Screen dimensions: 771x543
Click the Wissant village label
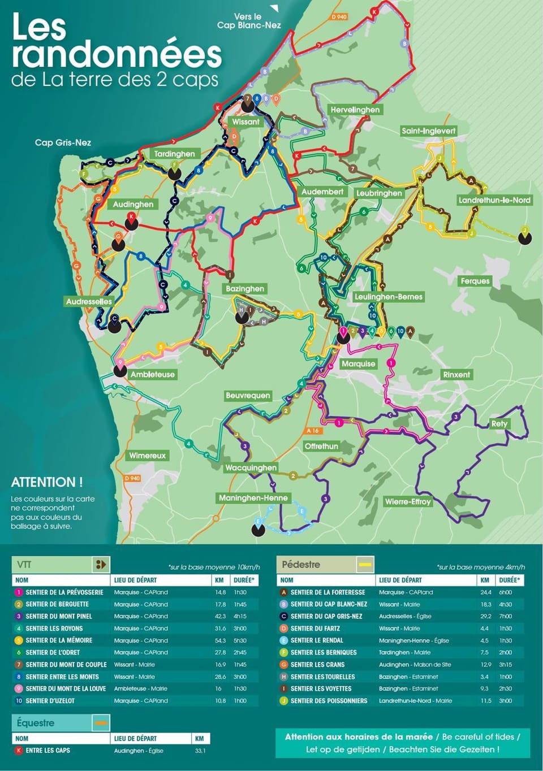pyautogui.click(x=245, y=122)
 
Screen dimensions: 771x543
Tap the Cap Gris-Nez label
pyautogui.click(x=63, y=142)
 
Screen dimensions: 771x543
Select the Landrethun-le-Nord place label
pyautogui.click(x=494, y=200)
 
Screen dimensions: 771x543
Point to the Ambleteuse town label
pyautogui.click(x=152, y=374)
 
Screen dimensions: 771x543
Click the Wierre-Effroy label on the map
pyautogui.click(x=408, y=501)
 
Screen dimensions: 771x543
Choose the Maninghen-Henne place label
pyautogui.click(x=253, y=498)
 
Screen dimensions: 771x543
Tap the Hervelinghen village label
pyautogui.click(x=355, y=110)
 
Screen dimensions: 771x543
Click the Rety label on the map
pyautogui.click(x=499, y=423)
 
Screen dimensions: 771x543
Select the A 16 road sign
pyautogui.click(x=313, y=431)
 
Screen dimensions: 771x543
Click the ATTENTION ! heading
pyautogui.click(x=47, y=482)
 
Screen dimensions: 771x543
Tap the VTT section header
pyautogui.click(x=24, y=564)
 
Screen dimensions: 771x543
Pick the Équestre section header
pyautogui.click(x=36, y=722)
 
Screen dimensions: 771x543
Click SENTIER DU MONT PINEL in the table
pyautogui.click(x=58, y=616)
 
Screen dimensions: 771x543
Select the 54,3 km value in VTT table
pyautogui.click(x=220, y=640)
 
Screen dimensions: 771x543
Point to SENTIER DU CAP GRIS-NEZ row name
pyautogui.click(x=326, y=616)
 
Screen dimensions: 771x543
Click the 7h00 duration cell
pyautogui.click(x=505, y=616)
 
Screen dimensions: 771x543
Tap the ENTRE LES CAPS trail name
pyautogui.click(x=48, y=751)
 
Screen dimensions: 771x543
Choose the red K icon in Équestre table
pyautogui.click(x=19, y=751)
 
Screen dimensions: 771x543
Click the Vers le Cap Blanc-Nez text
pyautogui.click(x=249, y=21)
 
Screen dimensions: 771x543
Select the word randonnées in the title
pyautogui.click(x=117, y=54)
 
